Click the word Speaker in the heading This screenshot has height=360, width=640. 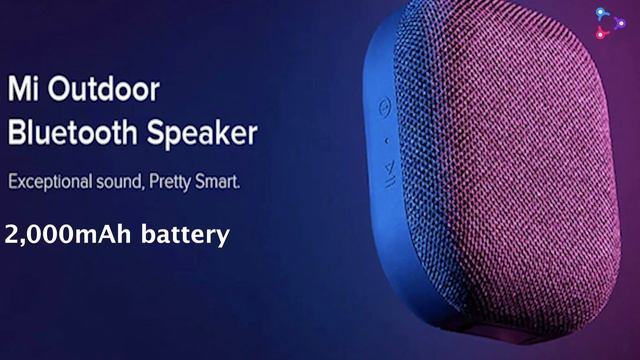coord(206,135)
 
